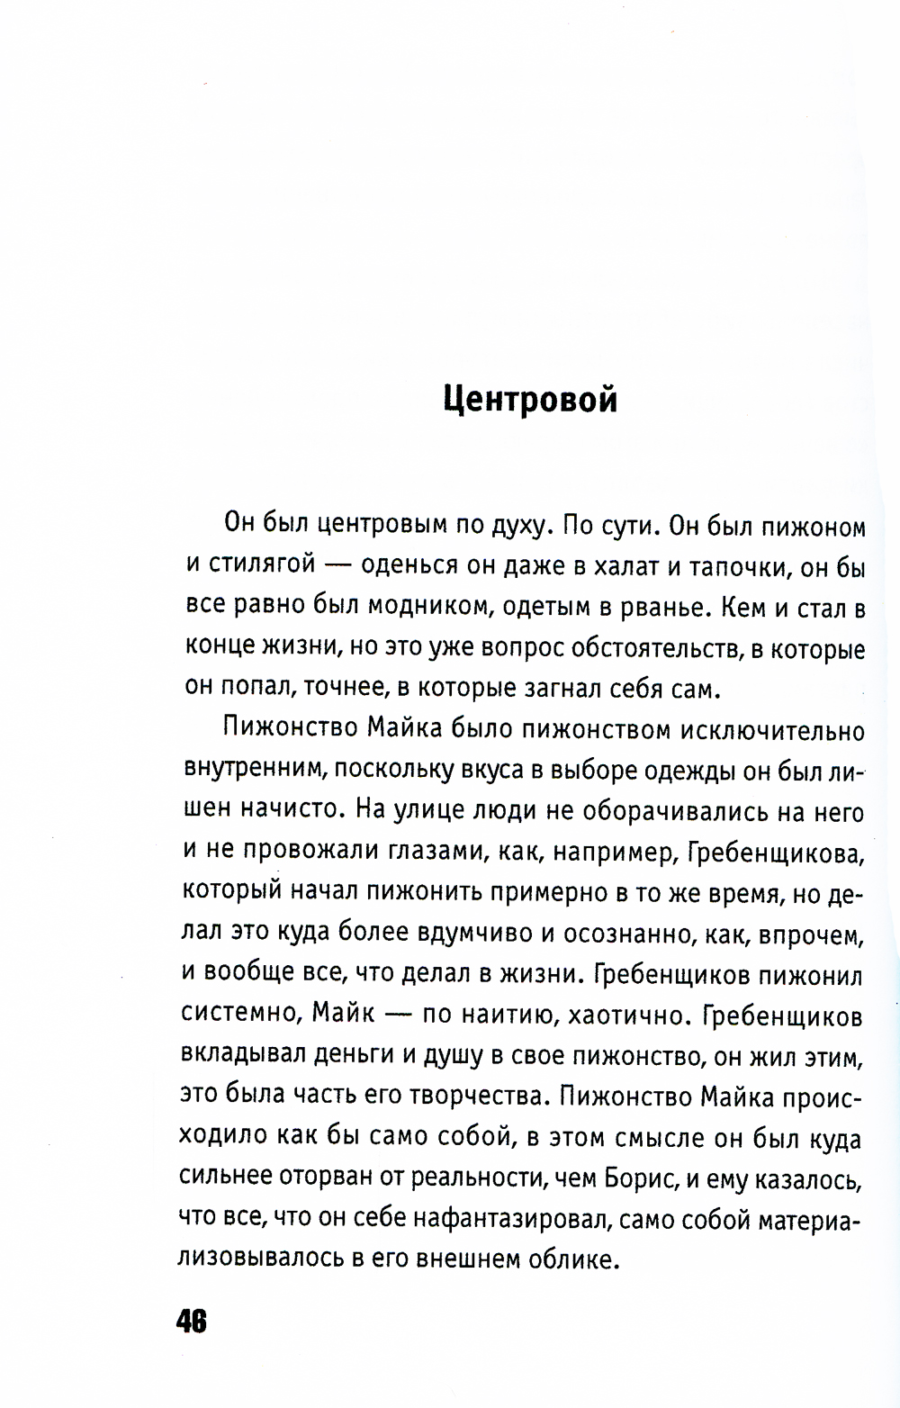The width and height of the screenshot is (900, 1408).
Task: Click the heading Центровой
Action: coord(531,398)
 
